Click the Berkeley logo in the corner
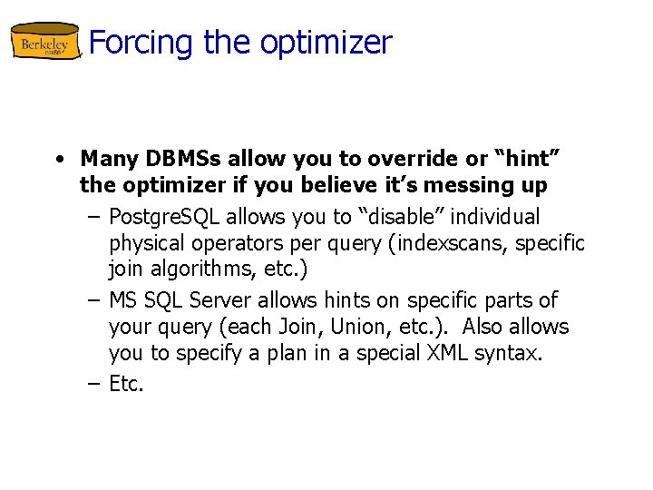45,43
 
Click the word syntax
512,354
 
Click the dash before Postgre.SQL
94,218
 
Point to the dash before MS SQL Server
94,300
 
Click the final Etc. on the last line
126,383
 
